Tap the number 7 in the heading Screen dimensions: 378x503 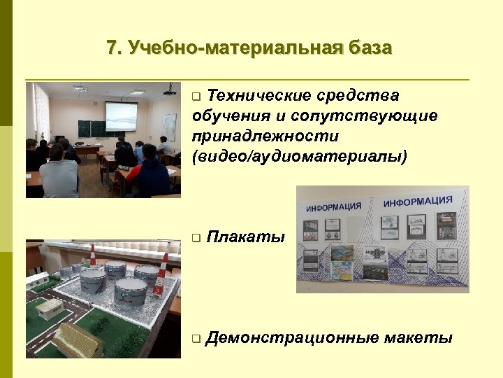click(x=112, y=48)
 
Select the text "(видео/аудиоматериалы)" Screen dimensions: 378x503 click(x=299, y=155)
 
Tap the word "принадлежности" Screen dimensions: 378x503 click(x=265, y=135)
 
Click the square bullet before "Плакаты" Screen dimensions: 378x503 click(x=196, y=239)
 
